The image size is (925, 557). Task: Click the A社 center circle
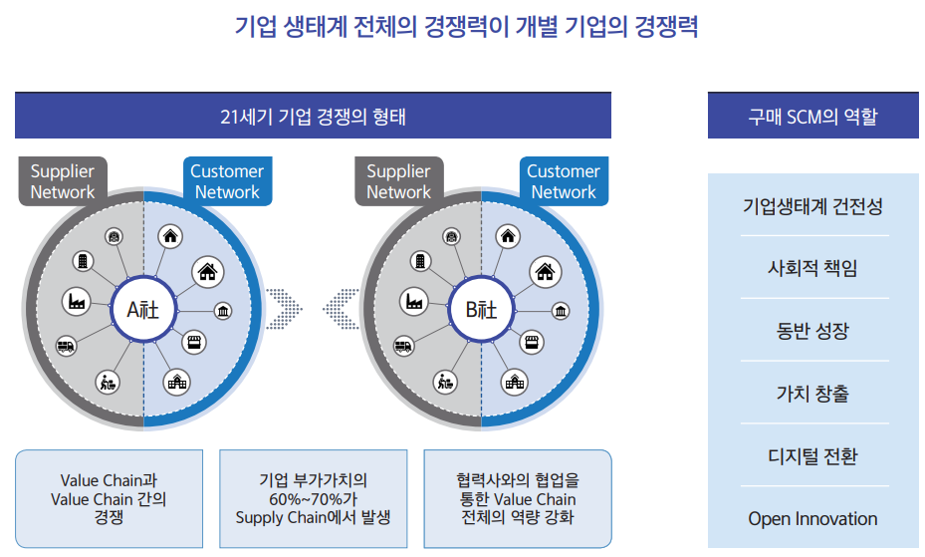point(143,310)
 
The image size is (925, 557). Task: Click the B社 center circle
point(481,310)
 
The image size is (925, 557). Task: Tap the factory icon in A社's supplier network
point(75,300)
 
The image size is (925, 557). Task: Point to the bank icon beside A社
point(223,312)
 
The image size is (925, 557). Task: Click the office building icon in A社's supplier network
point(82,261)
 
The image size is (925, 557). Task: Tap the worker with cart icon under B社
point(444,381)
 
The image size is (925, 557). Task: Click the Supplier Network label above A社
point(62,181)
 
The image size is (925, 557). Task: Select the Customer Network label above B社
point(564,181)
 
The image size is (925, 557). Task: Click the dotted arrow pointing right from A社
point(284,310)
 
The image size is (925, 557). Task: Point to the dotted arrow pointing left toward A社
point(341,310)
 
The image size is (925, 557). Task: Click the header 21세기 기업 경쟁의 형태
point(313,116)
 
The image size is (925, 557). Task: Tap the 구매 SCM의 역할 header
point(812,116)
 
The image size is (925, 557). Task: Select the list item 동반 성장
point(812,331)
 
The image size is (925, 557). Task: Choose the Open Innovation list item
point(812,518)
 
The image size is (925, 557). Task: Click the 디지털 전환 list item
point(812,456)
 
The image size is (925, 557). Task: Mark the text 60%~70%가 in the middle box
point(313,498)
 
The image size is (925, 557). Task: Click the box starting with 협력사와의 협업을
point(518,498)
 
